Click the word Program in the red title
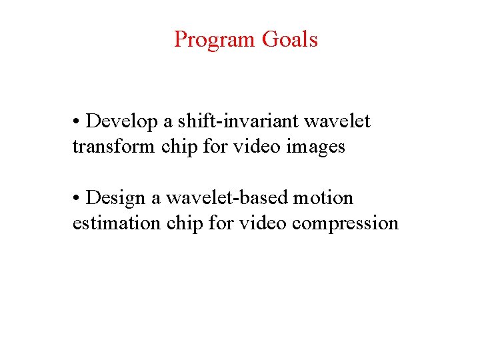pyautogui.click(x=215, y=40)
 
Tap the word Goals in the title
pyautogui.click(x=290, y=40)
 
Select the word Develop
pyautogui.click(x=122, y=122)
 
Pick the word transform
pyautogui.click(x=114, y=146)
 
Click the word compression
pyautogui.click(x=345, y=223)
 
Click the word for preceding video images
pyautogui.click(x=215, y=146)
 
